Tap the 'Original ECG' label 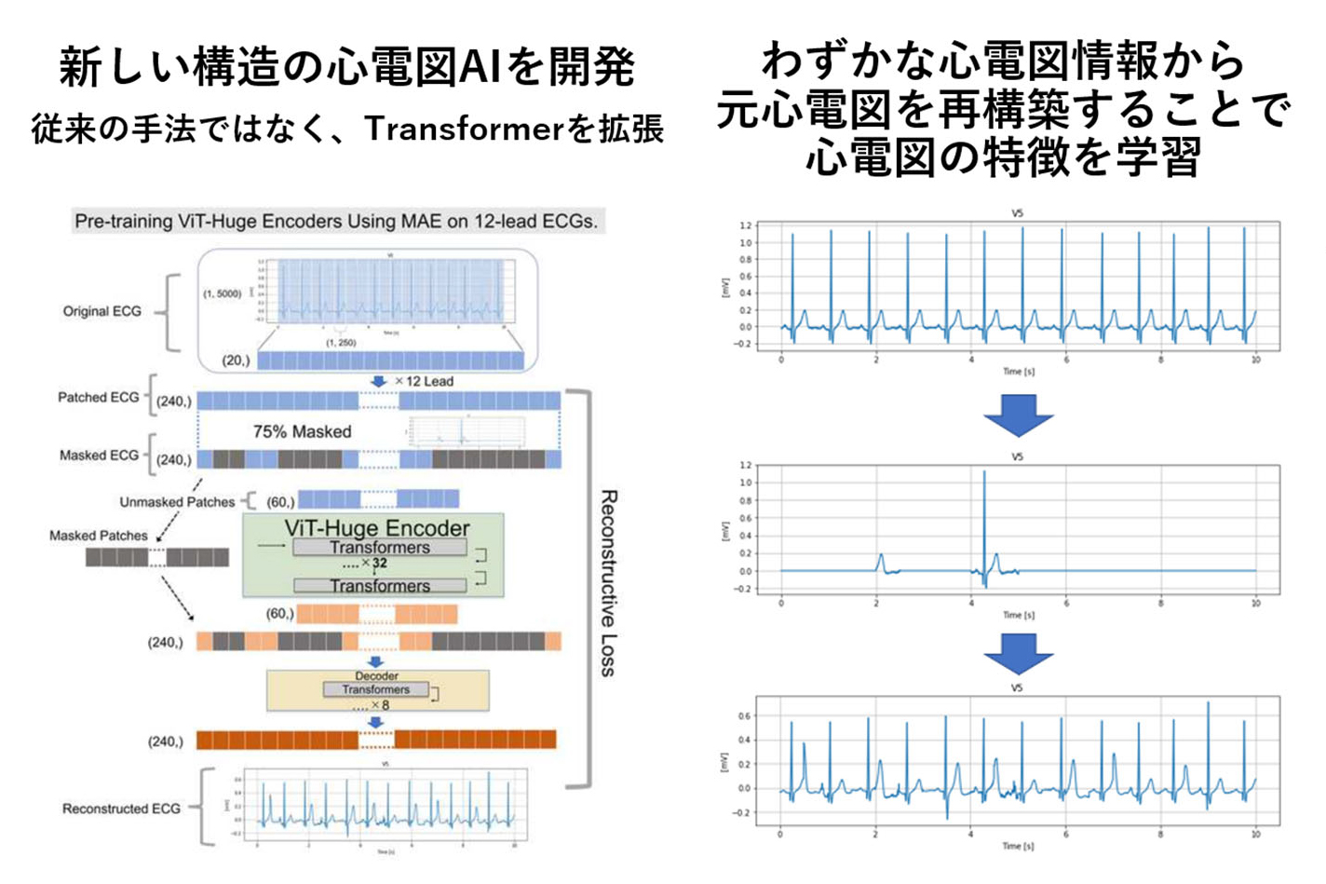tap(101, 311)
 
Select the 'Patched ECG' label tap(98, 398)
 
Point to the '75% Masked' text tap(302, 431)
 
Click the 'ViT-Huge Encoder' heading tap(376, 528)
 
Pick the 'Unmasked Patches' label tap(177, 502)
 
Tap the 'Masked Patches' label tap(98, 536)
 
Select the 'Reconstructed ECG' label tap(121, 809)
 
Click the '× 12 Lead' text tap(424, 382)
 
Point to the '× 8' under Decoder tap(379, 705)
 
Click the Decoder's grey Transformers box tap(375, 689)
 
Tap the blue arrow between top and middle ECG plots tap(1018, 415)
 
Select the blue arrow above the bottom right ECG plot tap(1018, 654)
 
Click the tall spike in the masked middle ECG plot tap(983, 522)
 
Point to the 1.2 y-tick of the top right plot tap(744, 225)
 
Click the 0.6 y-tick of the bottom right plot tap(744, 716)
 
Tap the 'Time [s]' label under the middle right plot tap(1018, 615)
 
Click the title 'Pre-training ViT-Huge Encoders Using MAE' tap(336, 222)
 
